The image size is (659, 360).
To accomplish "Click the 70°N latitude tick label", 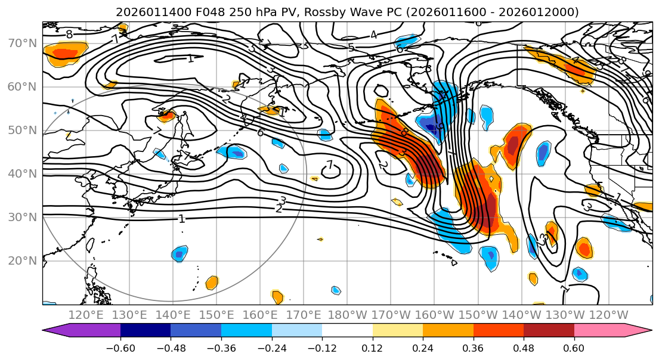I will (x=23, y=43).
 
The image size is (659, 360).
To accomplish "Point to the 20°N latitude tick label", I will (x=23, y=260).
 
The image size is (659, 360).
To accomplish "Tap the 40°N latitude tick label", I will (x=23, y=173).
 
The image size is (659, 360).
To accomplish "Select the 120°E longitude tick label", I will (x=86, y=315).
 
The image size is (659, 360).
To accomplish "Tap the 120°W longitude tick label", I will (x=609, y=315).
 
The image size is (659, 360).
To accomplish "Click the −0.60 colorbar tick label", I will (x=120, y=347).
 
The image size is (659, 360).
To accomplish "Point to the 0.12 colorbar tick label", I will (x=373, y=347).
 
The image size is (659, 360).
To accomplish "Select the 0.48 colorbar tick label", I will (x=524, y=347).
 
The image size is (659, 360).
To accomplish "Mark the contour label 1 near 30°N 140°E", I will (x=181, y=219).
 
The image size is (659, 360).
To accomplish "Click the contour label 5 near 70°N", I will (x=351, y=48).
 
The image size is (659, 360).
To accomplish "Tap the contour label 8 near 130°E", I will (x=69, y=35).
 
